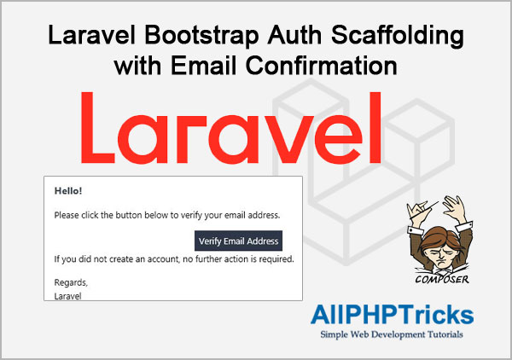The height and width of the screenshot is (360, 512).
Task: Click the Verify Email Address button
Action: click(x=238, y=241)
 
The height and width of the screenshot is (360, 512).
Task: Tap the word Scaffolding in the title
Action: click(x=398, y=35)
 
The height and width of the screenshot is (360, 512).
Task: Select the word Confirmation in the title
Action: click(x=322, y=66)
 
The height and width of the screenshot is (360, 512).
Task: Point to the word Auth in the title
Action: click(x=295, y=35)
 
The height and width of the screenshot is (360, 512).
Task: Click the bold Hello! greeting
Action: click(x=68, y=191)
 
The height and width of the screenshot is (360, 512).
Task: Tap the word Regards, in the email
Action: click(x=71, y=282)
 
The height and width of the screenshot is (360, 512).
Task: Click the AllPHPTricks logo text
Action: click(x=392, y=315)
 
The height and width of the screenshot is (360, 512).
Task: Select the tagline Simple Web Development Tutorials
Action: click(x=392, y=334)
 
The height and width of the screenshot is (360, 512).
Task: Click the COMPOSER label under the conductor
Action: click(x=442, y=279)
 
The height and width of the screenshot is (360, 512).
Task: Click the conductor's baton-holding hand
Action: click(x=417, y=209)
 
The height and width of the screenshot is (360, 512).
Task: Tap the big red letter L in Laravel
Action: click(x=97, y=128)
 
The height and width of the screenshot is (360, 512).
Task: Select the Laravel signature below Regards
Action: click(x=67, y=296)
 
